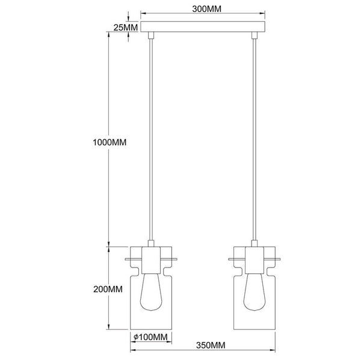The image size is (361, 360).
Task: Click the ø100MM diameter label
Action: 150,337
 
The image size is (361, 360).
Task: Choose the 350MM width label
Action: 210,346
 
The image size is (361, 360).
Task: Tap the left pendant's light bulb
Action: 151,297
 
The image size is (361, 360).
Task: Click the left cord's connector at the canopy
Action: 151,37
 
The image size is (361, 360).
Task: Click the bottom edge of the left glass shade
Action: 151,329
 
